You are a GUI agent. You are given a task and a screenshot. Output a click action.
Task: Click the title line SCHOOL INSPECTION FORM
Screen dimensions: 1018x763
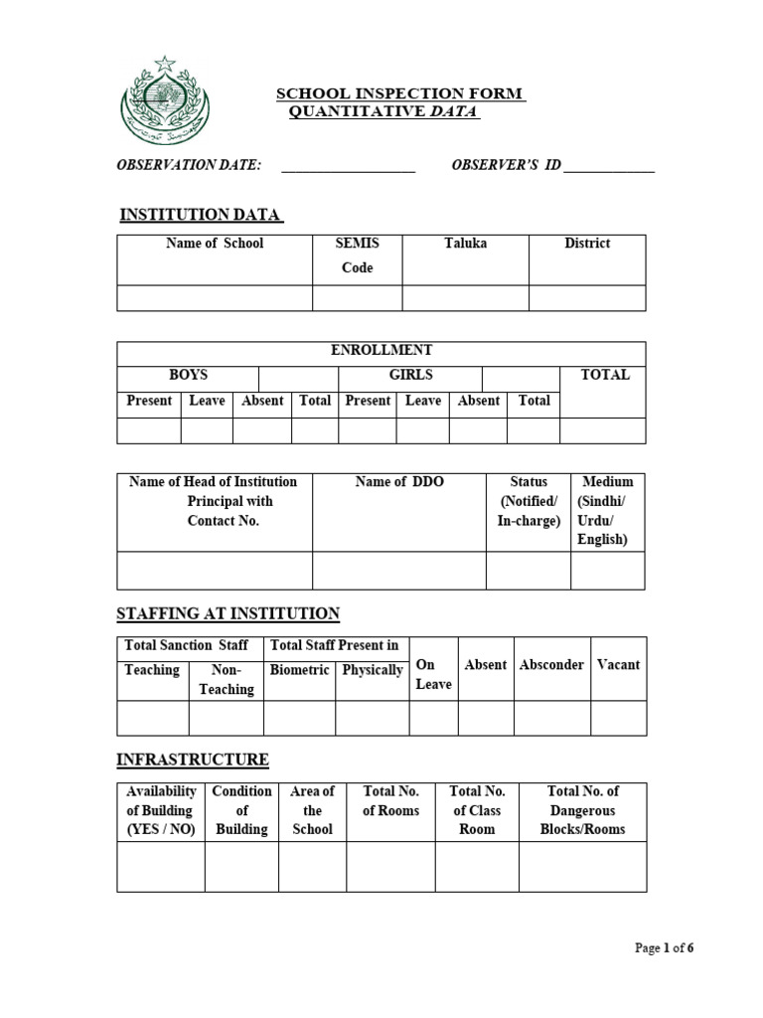[x=399, y=93]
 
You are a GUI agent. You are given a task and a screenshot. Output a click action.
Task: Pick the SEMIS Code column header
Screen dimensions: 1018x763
[x=358, y=255]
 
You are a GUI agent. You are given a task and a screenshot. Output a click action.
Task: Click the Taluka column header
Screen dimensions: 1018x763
[x=465, y=244]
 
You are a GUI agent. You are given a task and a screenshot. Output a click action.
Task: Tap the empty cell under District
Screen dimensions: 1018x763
[x=586, y=298]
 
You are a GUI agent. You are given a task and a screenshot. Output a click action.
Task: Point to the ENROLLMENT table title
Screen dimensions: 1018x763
[x=381, y=351]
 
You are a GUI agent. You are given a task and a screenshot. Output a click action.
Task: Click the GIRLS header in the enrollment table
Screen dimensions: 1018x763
[x=410, y=376]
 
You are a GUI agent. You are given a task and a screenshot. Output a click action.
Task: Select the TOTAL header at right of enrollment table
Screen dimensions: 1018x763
[x=605, y=376]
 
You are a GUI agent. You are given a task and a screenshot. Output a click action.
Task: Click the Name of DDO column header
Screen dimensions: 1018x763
[x=399, y=482]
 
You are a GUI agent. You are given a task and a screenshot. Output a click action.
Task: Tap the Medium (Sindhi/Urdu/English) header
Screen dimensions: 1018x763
[x=607, y=510]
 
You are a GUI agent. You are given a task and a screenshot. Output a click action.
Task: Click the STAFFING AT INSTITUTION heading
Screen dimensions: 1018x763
[x=228, y=613]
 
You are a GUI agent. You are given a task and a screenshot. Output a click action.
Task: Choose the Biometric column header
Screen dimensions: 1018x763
[x=299, y=670]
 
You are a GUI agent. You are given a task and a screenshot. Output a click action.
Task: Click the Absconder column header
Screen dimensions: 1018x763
[x=551, y=665]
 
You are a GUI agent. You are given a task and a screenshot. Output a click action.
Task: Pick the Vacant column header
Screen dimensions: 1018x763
[x=618, y=665]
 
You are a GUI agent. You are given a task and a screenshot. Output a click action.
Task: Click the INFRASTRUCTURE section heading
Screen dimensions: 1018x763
[x=193, y=760]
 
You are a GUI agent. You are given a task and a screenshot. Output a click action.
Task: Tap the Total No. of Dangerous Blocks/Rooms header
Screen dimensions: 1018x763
[x=582, y=810]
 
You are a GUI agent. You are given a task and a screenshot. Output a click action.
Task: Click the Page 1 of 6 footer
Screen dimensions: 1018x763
[x=664, y=948]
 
